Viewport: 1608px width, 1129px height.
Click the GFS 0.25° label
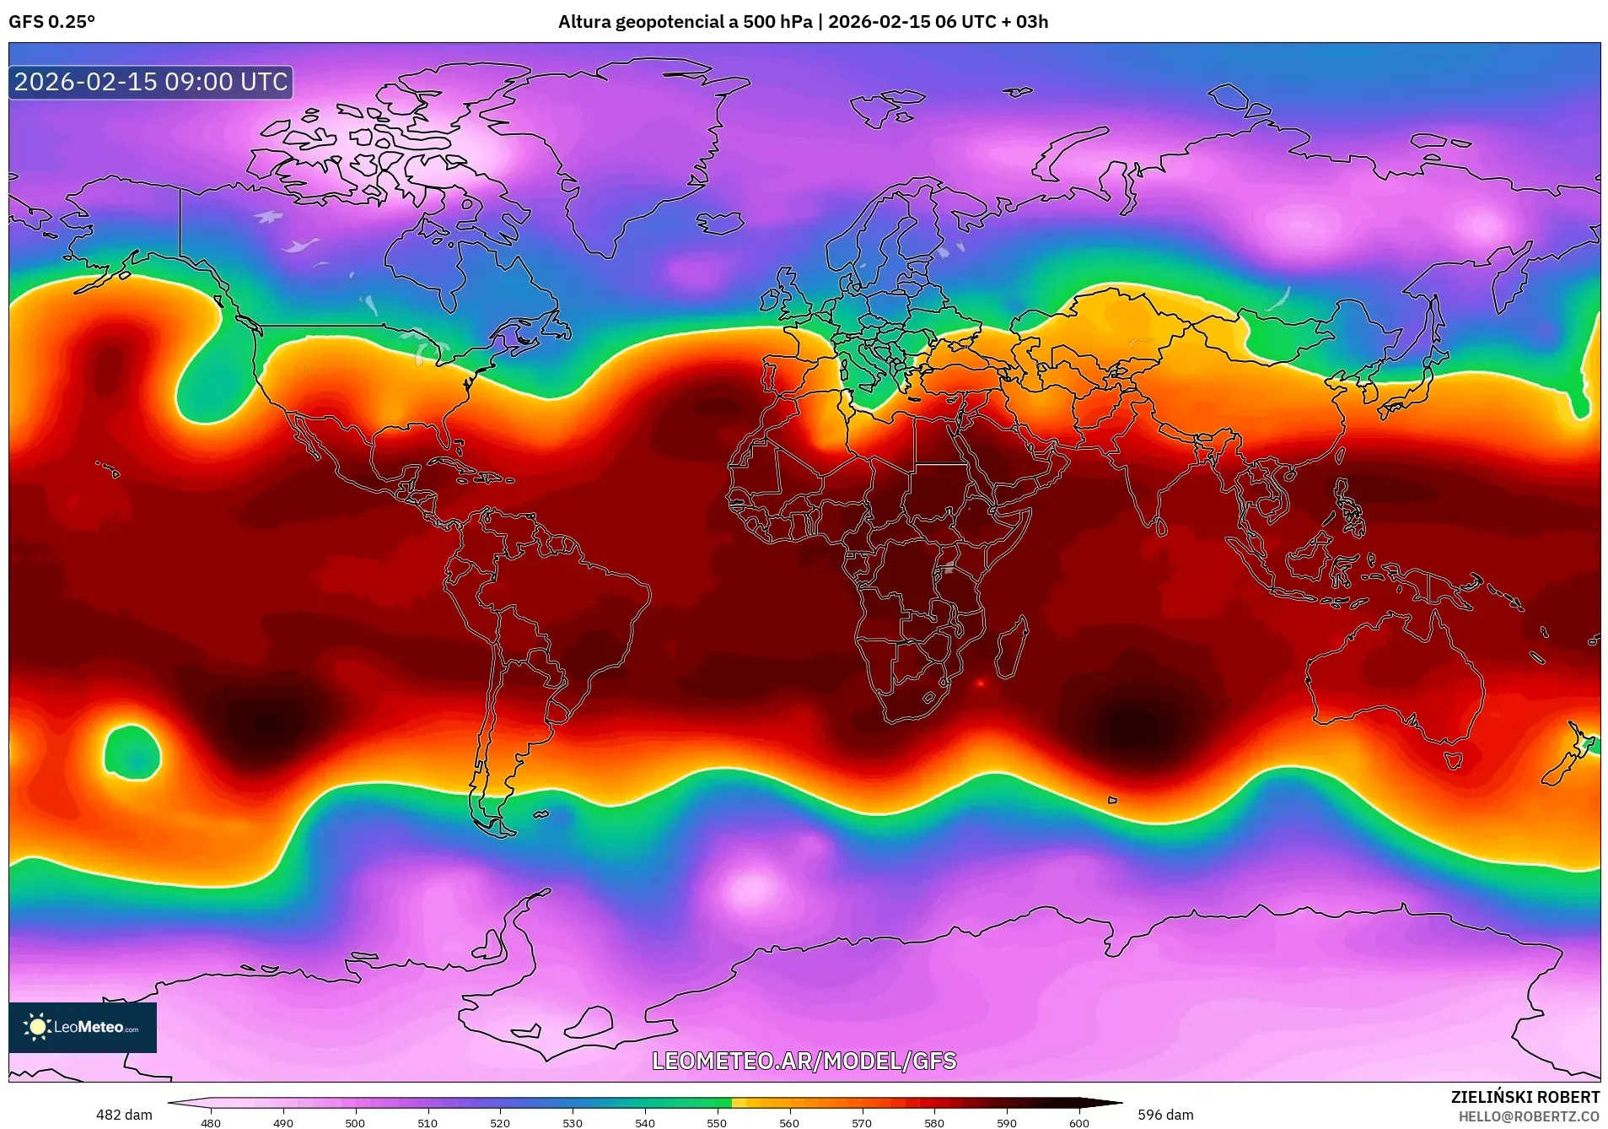[x=51, y=22]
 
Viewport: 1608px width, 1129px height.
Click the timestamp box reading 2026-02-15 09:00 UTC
[x=151, y=82]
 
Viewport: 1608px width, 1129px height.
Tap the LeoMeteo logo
[x=82, y=1027]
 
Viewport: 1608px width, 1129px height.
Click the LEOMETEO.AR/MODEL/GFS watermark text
[x=804, y=1061]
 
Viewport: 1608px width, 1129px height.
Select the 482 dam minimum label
[x=124, y=1115]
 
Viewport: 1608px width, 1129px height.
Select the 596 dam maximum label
[x=1165, y=1115]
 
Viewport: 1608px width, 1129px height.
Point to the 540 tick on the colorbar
[x=645, y=1122]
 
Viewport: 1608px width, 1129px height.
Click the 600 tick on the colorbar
[x=1078, y=1122]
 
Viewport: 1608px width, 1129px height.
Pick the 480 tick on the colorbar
[x=211, y=1122]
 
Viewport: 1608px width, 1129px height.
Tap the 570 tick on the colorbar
[x=862, y=1122]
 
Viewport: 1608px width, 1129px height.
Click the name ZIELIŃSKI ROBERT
[x=1525, y=1097]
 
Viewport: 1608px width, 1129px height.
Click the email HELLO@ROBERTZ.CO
[x=1529, y=1116]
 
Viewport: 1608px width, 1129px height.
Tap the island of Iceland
[x=720, y=223]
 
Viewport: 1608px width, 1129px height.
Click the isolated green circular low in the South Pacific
[x=132, y=752]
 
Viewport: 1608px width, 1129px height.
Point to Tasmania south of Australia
[x=1453, y=760]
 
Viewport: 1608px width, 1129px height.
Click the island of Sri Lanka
[x=1160, y=527]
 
